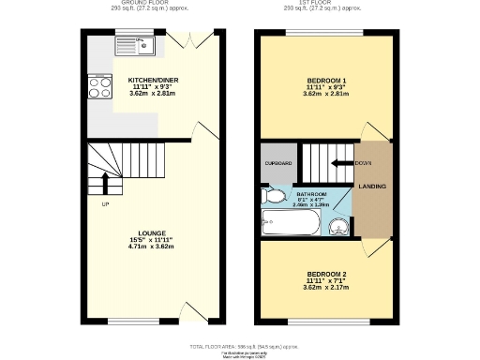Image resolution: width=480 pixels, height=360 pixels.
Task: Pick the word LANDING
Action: (x=372, y=187)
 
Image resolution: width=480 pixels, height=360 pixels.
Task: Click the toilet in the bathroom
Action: (x=275, y=196)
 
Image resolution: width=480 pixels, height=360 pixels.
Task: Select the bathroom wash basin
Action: (x=338, y=225)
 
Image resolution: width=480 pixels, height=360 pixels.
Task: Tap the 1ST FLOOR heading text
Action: (x=326, y=4)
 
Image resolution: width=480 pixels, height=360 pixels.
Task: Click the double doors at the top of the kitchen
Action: (x=191, y=40)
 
